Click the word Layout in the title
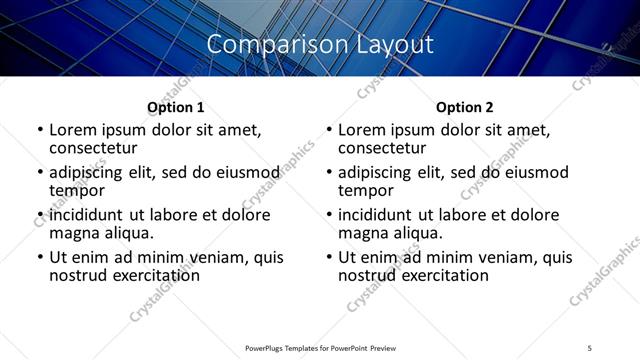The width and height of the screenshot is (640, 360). (394, 45)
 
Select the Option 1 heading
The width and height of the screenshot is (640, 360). (175, 107)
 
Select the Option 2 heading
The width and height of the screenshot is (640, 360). (464, 107)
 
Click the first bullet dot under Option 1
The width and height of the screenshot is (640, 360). (40, 131)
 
